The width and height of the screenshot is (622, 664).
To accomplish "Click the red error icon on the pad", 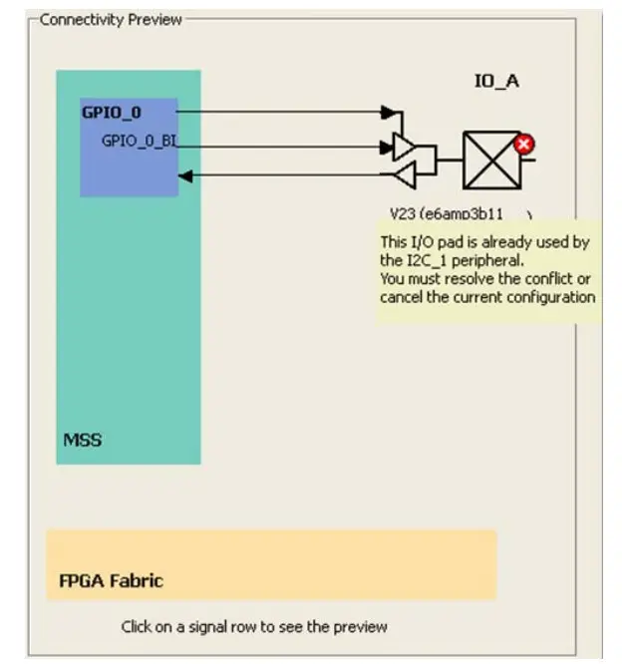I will [x=524, y=145].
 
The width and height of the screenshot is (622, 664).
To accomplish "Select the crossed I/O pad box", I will [x=491, y=161].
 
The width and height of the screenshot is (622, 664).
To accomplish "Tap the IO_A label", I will [x=495, y=81].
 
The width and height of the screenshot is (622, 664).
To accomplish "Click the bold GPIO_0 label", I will [x=112, y=113].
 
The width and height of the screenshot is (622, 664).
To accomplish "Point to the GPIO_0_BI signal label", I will [x=139, y=141].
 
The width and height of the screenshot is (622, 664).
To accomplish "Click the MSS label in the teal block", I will [x=83, y=439].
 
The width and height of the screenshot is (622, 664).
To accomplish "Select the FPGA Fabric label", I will [x=111, y=580].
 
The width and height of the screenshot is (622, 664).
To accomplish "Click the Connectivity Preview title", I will [x=111, y=19].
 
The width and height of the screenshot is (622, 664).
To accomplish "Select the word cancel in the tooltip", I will [x=402, y=297].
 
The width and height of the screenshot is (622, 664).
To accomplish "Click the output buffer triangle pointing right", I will [x=405, y=148].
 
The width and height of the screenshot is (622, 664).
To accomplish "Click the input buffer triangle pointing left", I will [x=405, y=175].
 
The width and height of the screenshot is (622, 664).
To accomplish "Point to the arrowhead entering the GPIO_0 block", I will [x=184, y=176].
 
